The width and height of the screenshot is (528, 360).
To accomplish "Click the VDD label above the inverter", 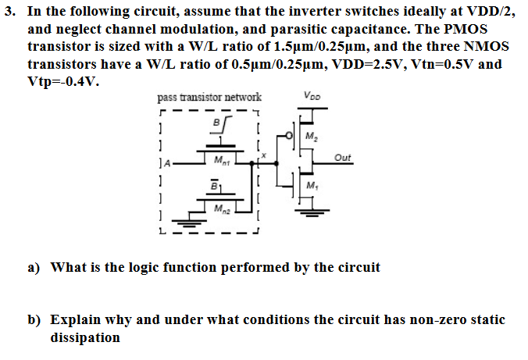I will click(x=309, y=98).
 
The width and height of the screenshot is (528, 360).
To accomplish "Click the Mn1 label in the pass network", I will click(x=221, y=161).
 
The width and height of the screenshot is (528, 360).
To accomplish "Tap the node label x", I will click(x=264, y=156).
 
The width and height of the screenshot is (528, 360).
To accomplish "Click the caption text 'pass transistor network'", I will click(x=209, y=98).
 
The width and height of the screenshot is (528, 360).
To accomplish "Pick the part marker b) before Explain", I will click(x=34, y=320).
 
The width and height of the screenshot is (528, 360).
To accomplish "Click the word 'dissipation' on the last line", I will click(x=85, y=337).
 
